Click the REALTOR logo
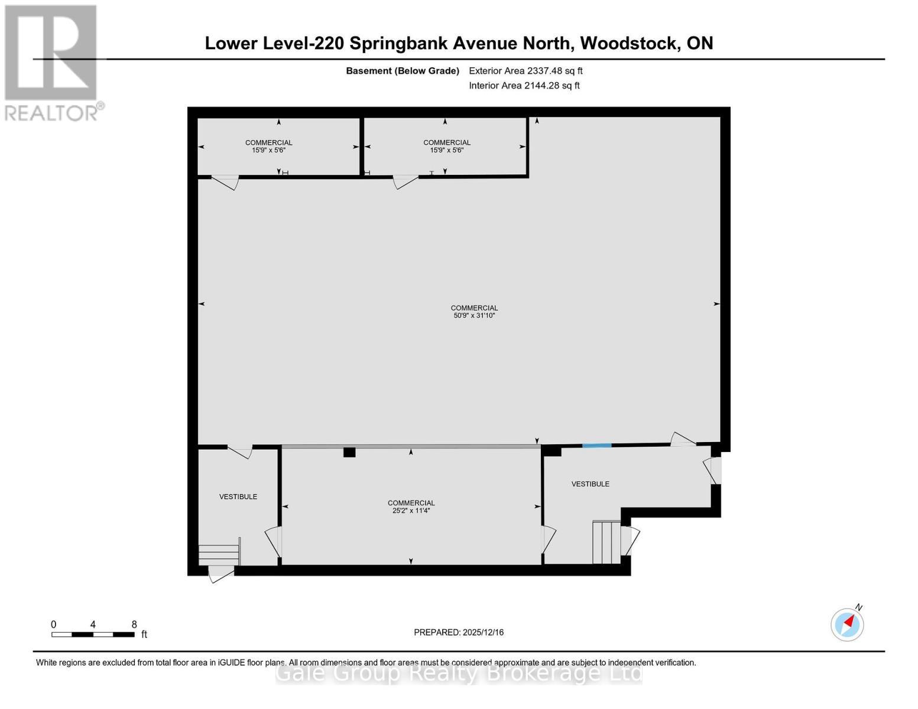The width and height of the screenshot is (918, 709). tap(51, 62)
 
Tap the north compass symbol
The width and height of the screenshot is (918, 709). tap(847, 624)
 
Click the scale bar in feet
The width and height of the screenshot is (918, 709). tap(93, 635)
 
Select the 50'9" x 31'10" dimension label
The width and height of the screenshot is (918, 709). tap(474, 316)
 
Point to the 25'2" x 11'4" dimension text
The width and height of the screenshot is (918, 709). tap(411, 510)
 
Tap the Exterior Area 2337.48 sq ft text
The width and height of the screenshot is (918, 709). tap(526, 71)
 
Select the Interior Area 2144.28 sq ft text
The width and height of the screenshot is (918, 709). tap(524, 86)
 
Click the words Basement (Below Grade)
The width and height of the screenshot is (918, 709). tap(403, 71)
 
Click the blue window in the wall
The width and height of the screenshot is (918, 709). tap(596, 445)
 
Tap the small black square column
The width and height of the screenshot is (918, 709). tap(349, 453)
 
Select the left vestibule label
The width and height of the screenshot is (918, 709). tap(238, 497)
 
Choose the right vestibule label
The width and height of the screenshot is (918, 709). tap(590, 484)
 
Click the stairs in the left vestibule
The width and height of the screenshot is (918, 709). tap(219, 554)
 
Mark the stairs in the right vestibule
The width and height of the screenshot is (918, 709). tap(606, 542)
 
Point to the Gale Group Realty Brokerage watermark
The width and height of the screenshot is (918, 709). tap(459, 674)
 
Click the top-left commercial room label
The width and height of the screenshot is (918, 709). tap(269, 142)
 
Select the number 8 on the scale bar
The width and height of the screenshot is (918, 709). tap(134, 625)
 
